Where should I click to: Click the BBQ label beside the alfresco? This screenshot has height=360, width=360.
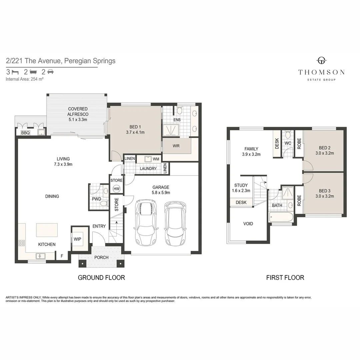(25, 133)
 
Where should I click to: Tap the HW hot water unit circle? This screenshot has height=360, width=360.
(116, 189)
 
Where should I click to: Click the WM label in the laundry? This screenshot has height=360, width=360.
(156, 159)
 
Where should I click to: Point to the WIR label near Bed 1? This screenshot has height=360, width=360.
(176, 146)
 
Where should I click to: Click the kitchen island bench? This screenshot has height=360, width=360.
(47, 230)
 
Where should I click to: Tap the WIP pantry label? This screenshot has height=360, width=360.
(78, 239)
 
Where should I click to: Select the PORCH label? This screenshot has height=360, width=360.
(101, 257)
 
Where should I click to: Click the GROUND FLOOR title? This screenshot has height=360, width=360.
(101, 277)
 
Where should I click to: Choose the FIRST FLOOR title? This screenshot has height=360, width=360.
(285, 277)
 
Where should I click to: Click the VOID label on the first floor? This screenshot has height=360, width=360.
(248, 224)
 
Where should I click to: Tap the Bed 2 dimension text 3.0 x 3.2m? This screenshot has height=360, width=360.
(324, 153)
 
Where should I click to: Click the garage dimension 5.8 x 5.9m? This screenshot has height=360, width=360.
(161, 192)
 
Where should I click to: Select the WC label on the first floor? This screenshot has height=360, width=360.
(288, 143)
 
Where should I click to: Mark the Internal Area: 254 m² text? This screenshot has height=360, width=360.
(25, 79)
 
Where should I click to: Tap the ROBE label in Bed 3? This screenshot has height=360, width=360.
(299, 200)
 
